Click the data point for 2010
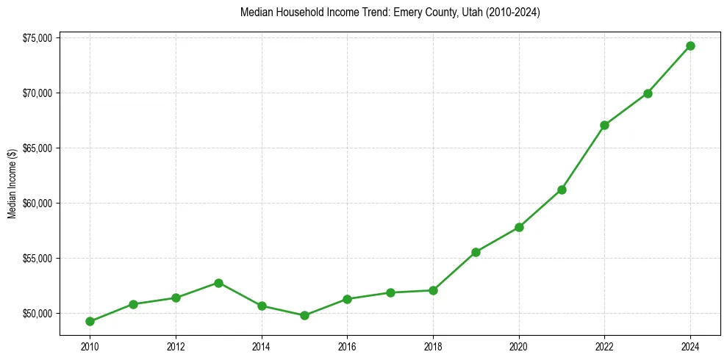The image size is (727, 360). (90, 321)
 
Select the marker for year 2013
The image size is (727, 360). (218, 283)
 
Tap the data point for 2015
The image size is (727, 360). (304, 315)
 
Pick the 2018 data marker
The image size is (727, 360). (433, 290)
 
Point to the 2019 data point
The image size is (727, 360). (476, 252)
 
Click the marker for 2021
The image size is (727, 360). (562, 190)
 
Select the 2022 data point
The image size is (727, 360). (604, 125)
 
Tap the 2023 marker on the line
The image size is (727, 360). (648, 93)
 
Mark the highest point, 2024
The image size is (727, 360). (690, 46)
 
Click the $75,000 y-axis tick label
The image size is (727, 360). (37, 38)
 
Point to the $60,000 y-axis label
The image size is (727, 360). (37, 204)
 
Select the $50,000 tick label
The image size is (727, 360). (37, 314)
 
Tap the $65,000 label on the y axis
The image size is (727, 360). (37, 148)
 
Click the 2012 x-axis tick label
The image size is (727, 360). (176, 345)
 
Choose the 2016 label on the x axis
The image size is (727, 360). (347, 345)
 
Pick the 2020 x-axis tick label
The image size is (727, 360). (519, 345)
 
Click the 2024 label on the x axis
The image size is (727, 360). (690, 345)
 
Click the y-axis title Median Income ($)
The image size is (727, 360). (12, 183)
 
